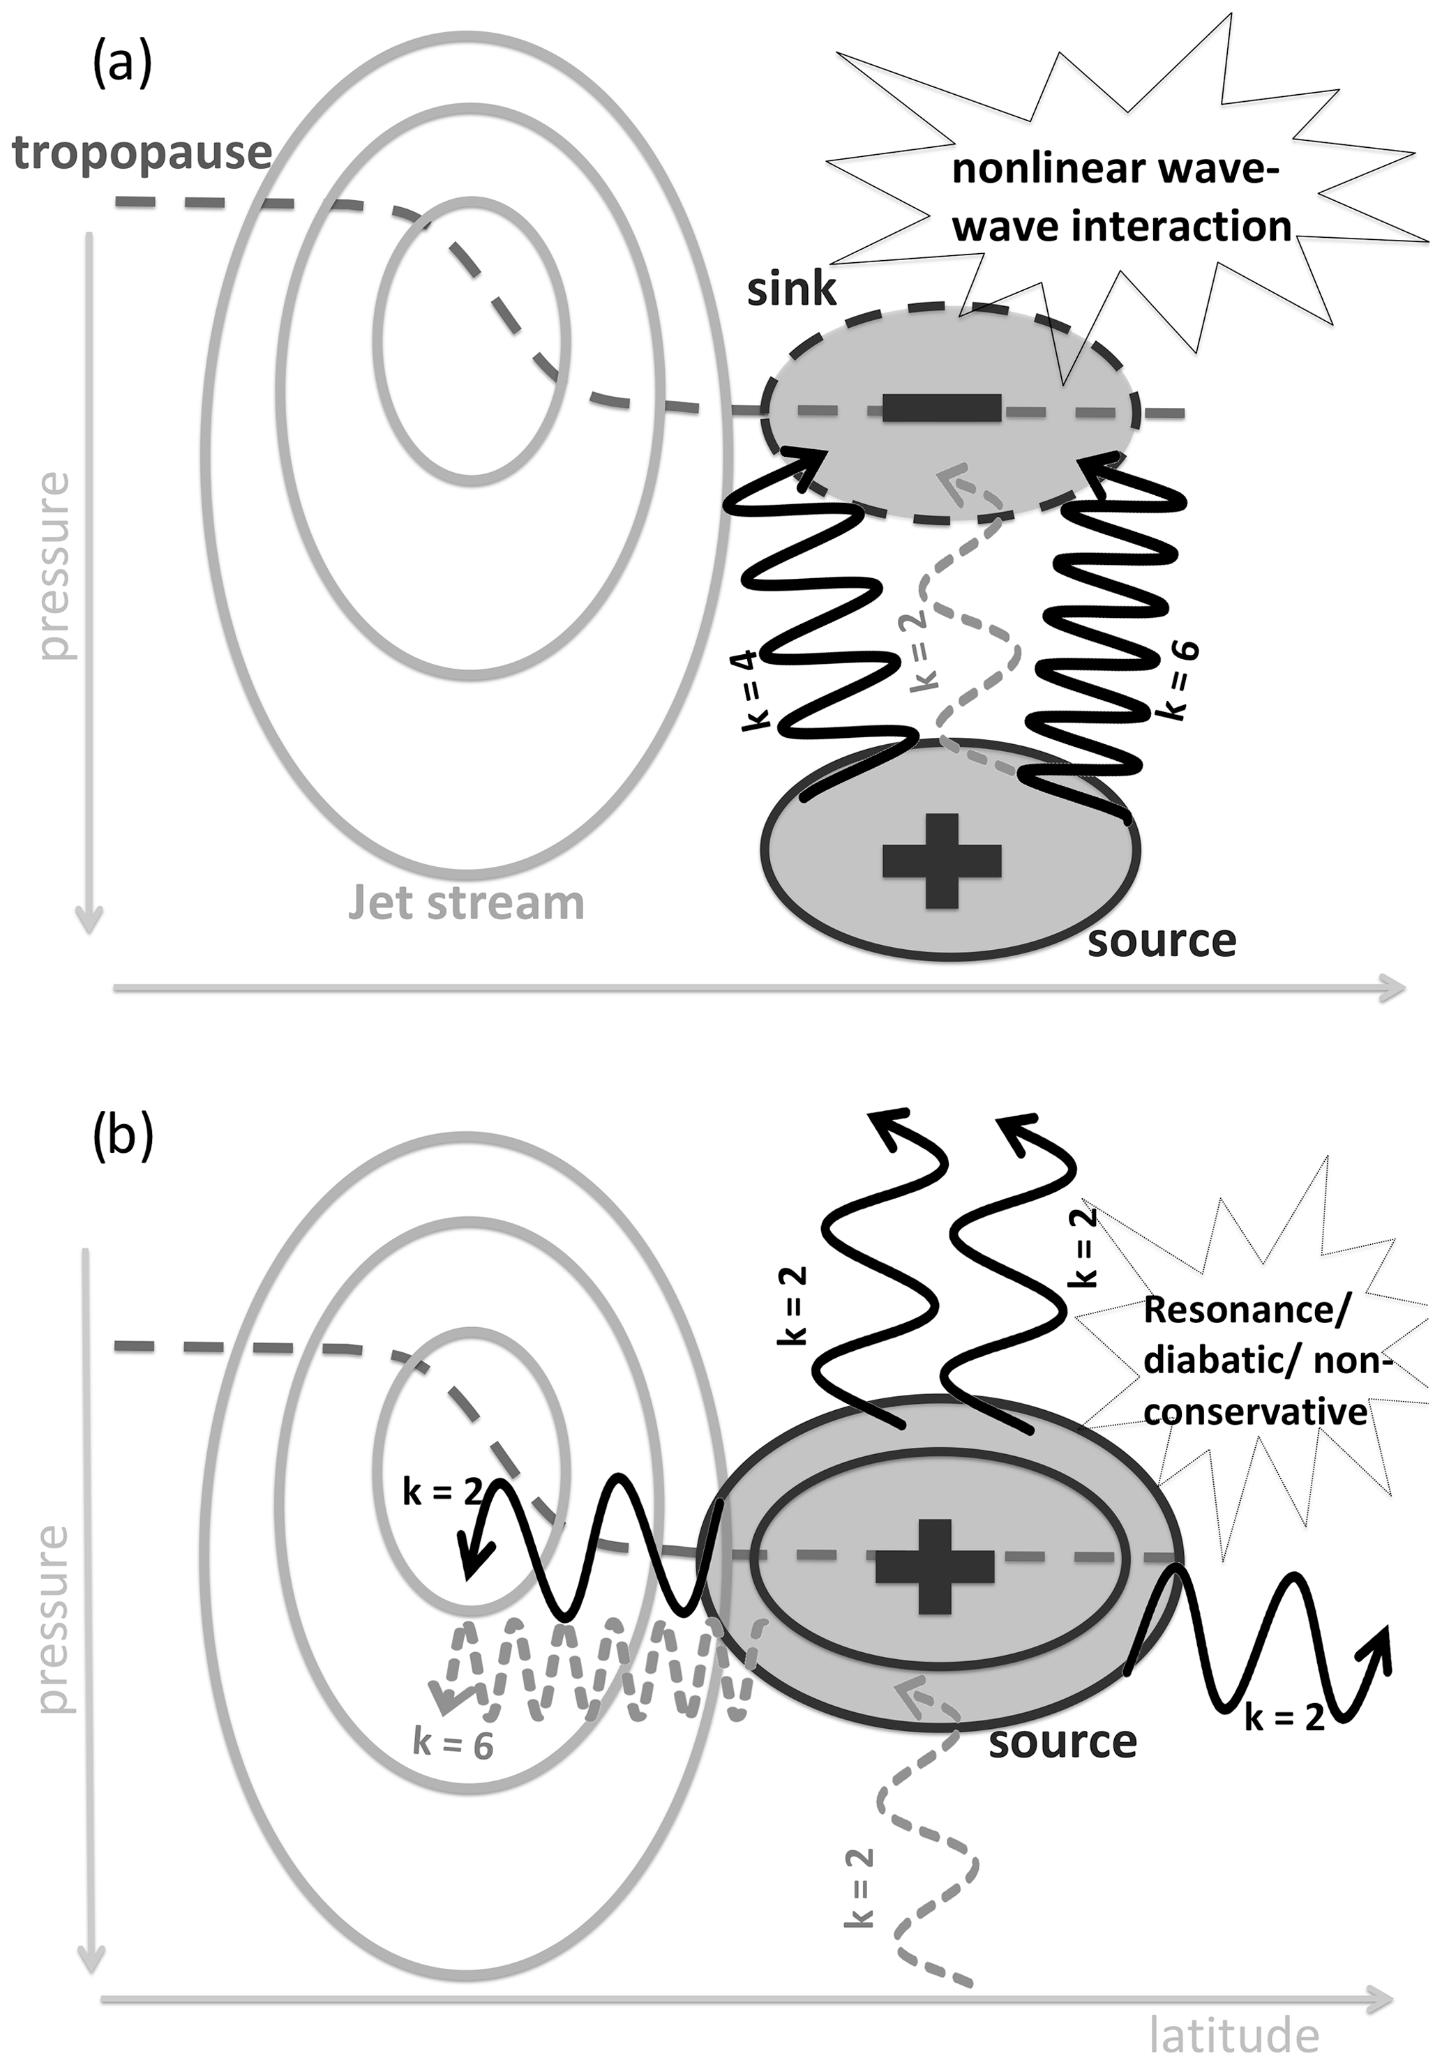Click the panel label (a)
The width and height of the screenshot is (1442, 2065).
[x=122, y=65]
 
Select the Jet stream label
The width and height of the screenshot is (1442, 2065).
[x=466, y=902]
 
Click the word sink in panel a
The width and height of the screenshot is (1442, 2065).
[x=792, y=289]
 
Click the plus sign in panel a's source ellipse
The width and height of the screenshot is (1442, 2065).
[x=942, y=860]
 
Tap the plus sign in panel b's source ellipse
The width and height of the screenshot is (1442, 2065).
[x=936, y=1566]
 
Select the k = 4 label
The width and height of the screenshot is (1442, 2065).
[x=756, y=693]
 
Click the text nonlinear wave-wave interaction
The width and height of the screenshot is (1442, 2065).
[x=1121, y=198]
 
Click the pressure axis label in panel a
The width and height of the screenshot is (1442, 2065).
[x=54, y=566]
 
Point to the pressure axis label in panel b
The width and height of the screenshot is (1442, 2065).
[x=54, y=1619]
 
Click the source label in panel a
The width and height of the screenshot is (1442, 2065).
[x=1162, y=941]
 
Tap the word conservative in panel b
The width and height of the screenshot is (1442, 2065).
[x=1255, y=1412]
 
